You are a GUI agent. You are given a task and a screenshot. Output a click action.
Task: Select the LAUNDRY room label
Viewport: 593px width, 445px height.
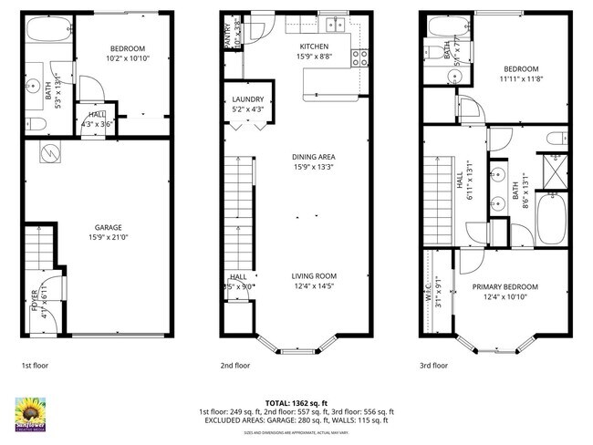coord(248,99)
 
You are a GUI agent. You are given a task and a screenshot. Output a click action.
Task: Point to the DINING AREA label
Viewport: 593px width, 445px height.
coord(314,157)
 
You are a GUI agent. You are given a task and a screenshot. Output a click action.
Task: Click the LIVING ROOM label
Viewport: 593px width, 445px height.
coord(314,276)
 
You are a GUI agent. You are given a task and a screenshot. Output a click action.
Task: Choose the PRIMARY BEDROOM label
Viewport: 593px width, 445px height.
coord(505,286)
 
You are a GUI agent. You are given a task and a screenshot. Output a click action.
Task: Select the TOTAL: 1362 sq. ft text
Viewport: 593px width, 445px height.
coord(296,402)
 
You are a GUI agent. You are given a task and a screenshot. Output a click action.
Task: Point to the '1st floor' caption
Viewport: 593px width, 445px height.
coord(35,365)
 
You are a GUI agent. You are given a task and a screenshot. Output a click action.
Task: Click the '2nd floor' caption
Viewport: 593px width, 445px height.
coord(234,365)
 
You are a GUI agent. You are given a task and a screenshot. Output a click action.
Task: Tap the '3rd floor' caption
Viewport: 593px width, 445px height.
coord(433,365)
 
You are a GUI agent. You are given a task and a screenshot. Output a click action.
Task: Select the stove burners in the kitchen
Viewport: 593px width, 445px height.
coord(359,57)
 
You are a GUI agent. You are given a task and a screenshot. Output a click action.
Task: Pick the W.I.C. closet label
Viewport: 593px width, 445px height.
coord(428,298)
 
